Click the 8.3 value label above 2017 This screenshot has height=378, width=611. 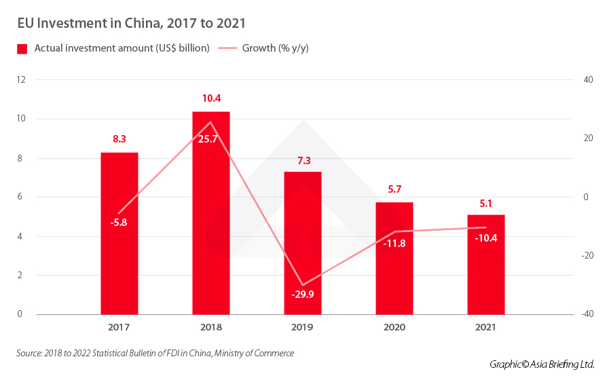tap(119, 139)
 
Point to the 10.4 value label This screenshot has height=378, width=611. tap(211, 98)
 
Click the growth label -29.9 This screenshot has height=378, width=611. tap(303, 295)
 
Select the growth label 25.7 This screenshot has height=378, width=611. tap(211, 139)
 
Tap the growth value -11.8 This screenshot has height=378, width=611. tap(394, 243)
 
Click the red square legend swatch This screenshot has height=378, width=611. tap(22, 48)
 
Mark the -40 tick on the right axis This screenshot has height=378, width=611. tap(587, 314)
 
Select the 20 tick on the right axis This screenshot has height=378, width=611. tap(587, 138)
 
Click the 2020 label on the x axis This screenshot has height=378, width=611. tap(394, 327)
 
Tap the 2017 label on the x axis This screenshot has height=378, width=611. tap(119, 327)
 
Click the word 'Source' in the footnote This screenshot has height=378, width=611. tap(30, 353)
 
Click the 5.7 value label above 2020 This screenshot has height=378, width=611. tap(394, 189)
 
